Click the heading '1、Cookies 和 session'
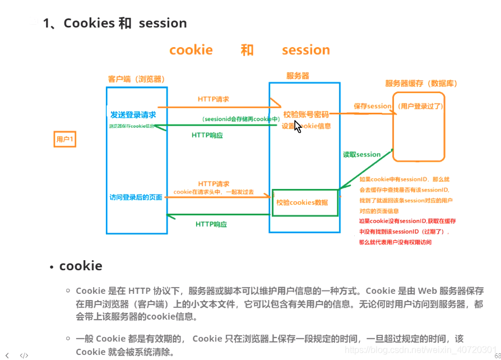coord(115,23)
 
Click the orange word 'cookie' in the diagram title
coord(191,50)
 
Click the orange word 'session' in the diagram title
coord(305,50)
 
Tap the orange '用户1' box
coord(64,139)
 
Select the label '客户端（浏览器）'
coord(136,79)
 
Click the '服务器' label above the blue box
coord(298,76)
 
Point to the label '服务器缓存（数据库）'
coord(421,84)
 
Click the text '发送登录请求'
coord(133,114)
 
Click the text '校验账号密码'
coord(305,114)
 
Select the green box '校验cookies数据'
coord(305,202)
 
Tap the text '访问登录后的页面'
coord(136,197)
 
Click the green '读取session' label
coord(361,154)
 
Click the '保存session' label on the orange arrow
coord(372,106)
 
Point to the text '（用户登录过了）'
coord(420,106)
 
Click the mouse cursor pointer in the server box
coord(297,127)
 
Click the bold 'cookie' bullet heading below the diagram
coord(81,266)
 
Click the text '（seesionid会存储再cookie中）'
coord(240,119)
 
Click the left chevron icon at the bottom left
coord(7,355)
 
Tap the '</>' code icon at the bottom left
coord(24,355)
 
